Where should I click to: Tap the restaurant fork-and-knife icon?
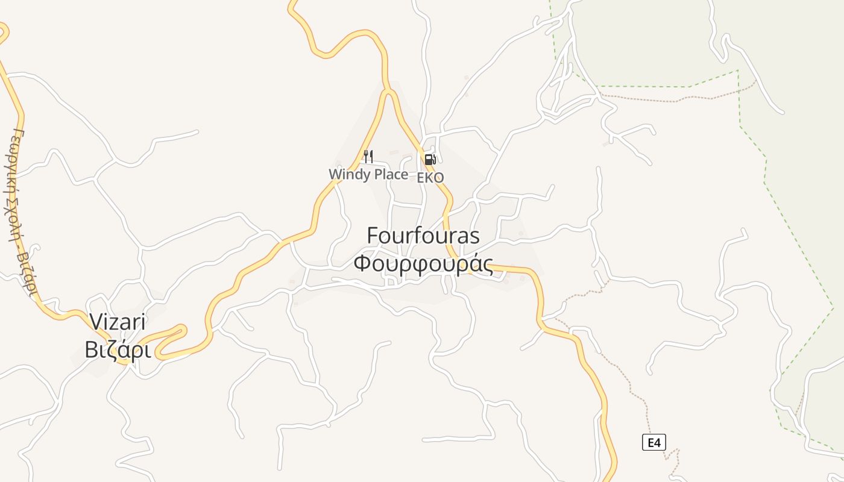tap(368, 157)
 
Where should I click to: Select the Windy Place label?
tap(368, 174)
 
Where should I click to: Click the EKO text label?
tap(430, 177)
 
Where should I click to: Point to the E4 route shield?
tap(653, 443)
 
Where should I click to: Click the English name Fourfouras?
tap(423, 236)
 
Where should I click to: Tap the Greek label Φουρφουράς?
tap(423, 264)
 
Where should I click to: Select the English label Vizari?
tap(118, 322)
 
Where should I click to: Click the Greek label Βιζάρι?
tap(117, 350)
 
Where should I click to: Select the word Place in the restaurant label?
tap(388, 174)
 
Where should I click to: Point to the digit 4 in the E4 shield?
tap(657, 443)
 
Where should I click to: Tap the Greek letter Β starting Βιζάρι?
tap(91, 350)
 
